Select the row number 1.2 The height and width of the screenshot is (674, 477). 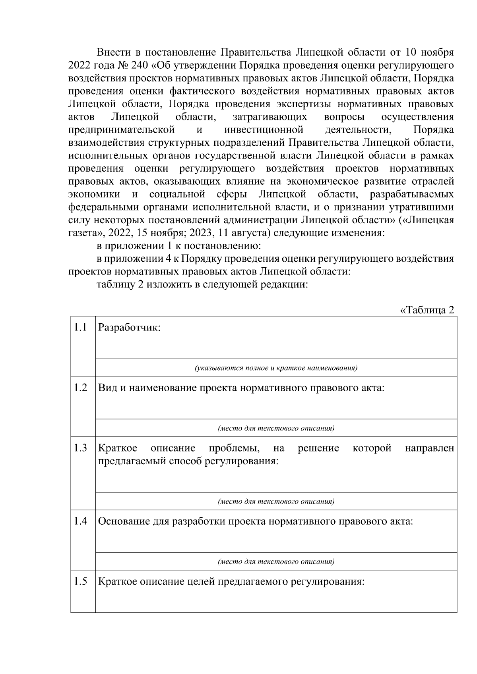coord(80,388)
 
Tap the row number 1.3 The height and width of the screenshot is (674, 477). coord(80,448)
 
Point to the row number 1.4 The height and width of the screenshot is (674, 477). coord(80,521)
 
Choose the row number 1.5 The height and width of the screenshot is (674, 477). coord(80,582)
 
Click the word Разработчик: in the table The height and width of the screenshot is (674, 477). coord(129,328)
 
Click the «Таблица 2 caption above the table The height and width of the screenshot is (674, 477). coord(427,310)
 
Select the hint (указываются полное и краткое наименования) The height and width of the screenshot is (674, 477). coord(276,368)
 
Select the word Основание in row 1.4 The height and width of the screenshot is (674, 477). coord(124,521)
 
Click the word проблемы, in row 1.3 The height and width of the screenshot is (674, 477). coord(234,448)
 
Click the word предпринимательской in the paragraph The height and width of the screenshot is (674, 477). coord(122,130)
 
